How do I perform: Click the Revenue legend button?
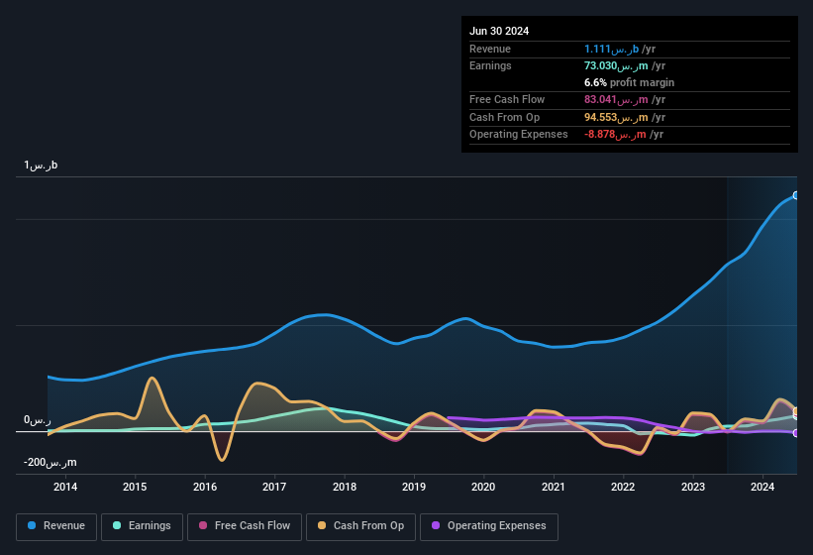[56, 526]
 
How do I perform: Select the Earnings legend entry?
[140, 526]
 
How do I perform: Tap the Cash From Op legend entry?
[360, 526]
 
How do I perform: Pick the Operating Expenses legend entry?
[488, 526]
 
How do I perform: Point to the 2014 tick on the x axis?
[65, 487]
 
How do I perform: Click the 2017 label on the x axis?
[274, 487]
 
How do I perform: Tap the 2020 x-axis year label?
[483, 487]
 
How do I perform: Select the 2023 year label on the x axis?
[693, 487]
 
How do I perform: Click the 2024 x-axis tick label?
[762, 487]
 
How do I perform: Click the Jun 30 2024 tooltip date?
[499, 31]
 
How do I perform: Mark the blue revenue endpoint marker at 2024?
[796, 195]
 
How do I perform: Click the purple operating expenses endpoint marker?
[796, 433]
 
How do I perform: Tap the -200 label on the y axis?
[51, 463]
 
